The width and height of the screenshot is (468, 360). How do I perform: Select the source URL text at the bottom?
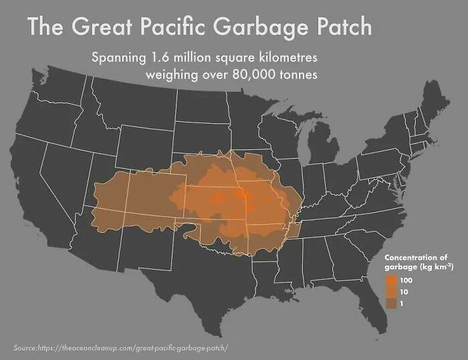pyautogui.click(x=121, y=347)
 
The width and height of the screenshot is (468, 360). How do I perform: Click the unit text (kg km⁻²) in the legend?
pyautogui.click(x=434, y=266)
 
